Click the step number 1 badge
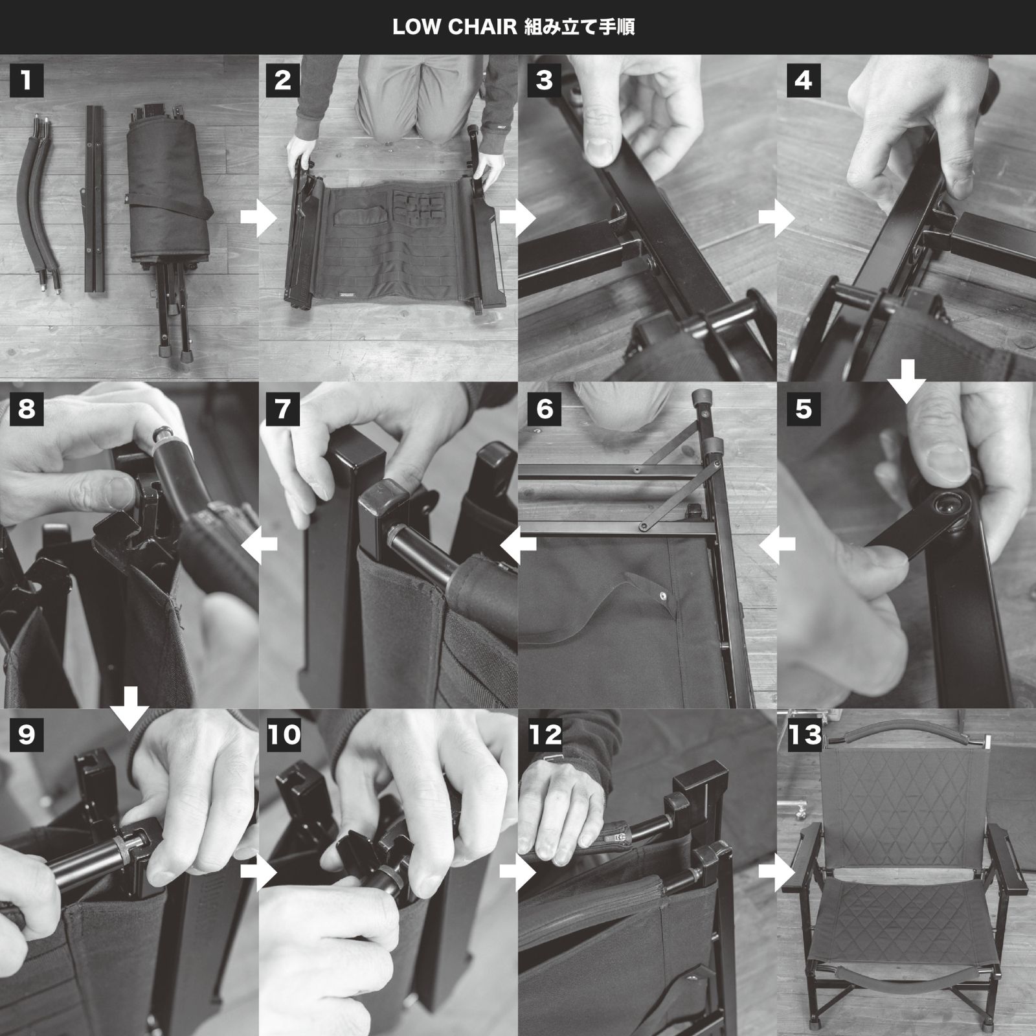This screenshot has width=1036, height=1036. (x=27, y=80)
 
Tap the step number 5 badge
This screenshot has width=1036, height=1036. (x=804, y=409)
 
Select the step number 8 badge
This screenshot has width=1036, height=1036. (x=27, y=409)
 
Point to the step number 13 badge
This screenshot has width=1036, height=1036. (x=805, y=735)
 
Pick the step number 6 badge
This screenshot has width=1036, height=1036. (x=545, y=409)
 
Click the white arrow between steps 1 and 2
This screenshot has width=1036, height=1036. (x=258, y=219)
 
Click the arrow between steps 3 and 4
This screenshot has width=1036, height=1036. (x=776, y=219)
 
